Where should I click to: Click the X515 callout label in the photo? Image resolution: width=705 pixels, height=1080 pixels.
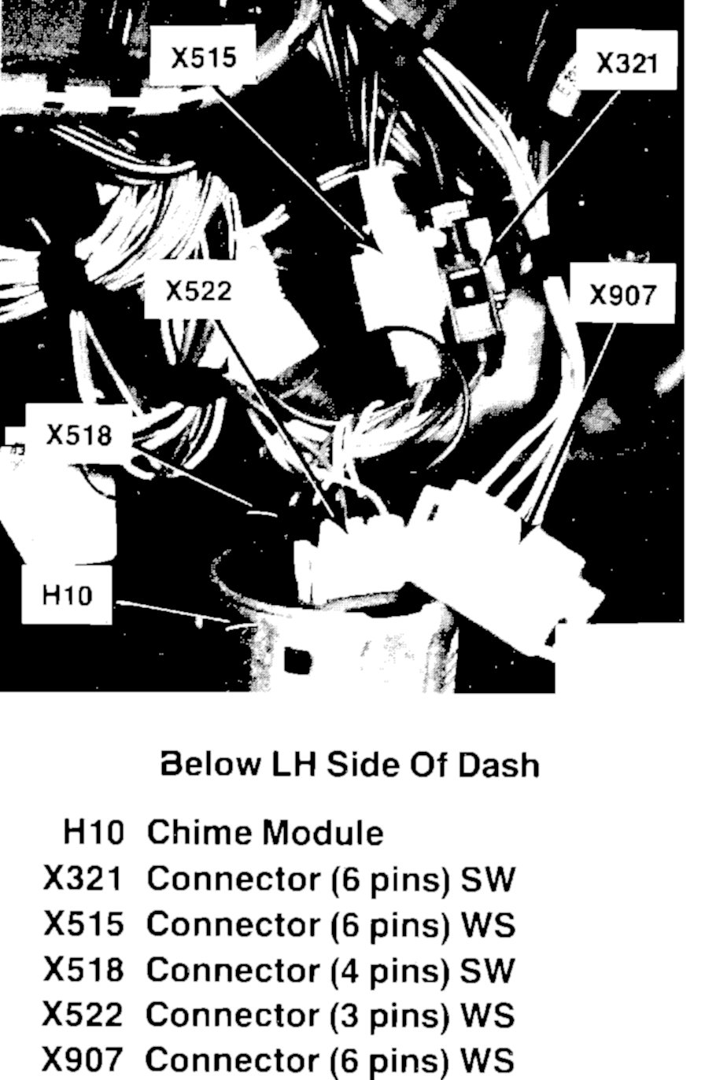[204, 57]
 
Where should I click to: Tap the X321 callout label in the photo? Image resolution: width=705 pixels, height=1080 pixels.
[626, 63]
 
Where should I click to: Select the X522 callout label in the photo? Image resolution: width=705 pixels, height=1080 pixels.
[198, 292]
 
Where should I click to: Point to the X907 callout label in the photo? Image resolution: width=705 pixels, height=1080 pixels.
[622, 295]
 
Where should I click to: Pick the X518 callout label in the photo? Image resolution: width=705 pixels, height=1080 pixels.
[79, 435]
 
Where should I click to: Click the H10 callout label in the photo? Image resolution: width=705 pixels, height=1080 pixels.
[67, 595]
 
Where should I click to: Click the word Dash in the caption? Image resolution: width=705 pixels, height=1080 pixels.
[500, 765]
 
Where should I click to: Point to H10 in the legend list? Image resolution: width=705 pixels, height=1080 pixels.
[93, 833]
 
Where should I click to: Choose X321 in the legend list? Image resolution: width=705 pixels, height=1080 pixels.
[83, 879]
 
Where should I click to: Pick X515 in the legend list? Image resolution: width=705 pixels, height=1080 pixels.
[83, 924]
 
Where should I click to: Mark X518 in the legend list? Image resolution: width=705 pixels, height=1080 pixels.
[83, 970]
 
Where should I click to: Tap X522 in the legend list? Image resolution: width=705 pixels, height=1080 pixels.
[83, 1015]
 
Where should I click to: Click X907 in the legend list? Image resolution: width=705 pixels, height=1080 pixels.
[83, 1060]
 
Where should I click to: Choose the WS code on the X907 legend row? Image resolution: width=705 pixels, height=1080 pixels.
[488, 1060]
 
